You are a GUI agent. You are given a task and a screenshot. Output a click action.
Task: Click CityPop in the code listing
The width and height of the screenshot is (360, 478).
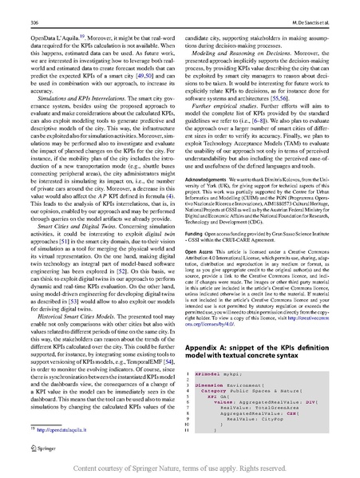pos(263,418)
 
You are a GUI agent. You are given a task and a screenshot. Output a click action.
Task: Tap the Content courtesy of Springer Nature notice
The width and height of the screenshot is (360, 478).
pos(180,468)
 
